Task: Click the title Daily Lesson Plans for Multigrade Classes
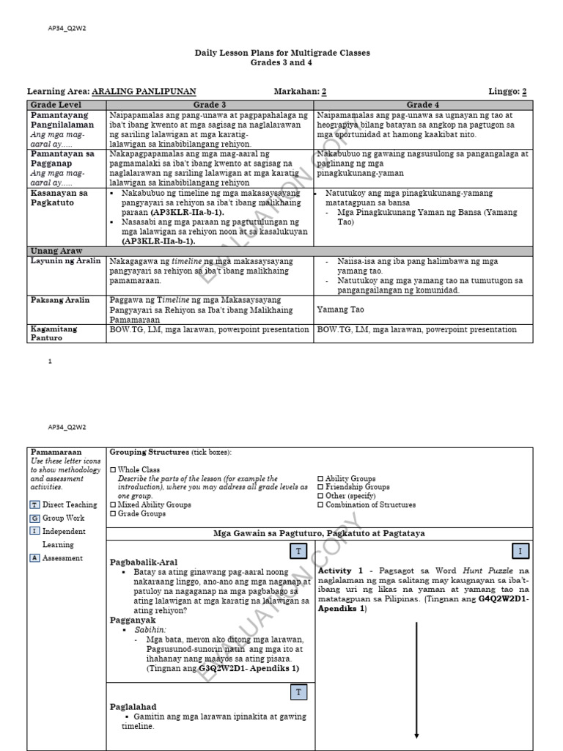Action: click(281, 53)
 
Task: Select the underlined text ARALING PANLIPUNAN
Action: click(144, 92)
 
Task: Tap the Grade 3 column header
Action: click(210, 105)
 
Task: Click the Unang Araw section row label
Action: click(55, 251)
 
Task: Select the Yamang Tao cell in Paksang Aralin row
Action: click(342, 310)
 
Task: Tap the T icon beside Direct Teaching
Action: click(34, 505)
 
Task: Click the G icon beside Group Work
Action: click(34, 518)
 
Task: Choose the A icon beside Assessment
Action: click(34, 558)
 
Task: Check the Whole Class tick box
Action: click(113, 470)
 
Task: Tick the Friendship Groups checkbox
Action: click(320, 487)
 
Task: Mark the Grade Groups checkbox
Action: click(113, 513)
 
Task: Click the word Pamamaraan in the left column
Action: click(55, 453)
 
